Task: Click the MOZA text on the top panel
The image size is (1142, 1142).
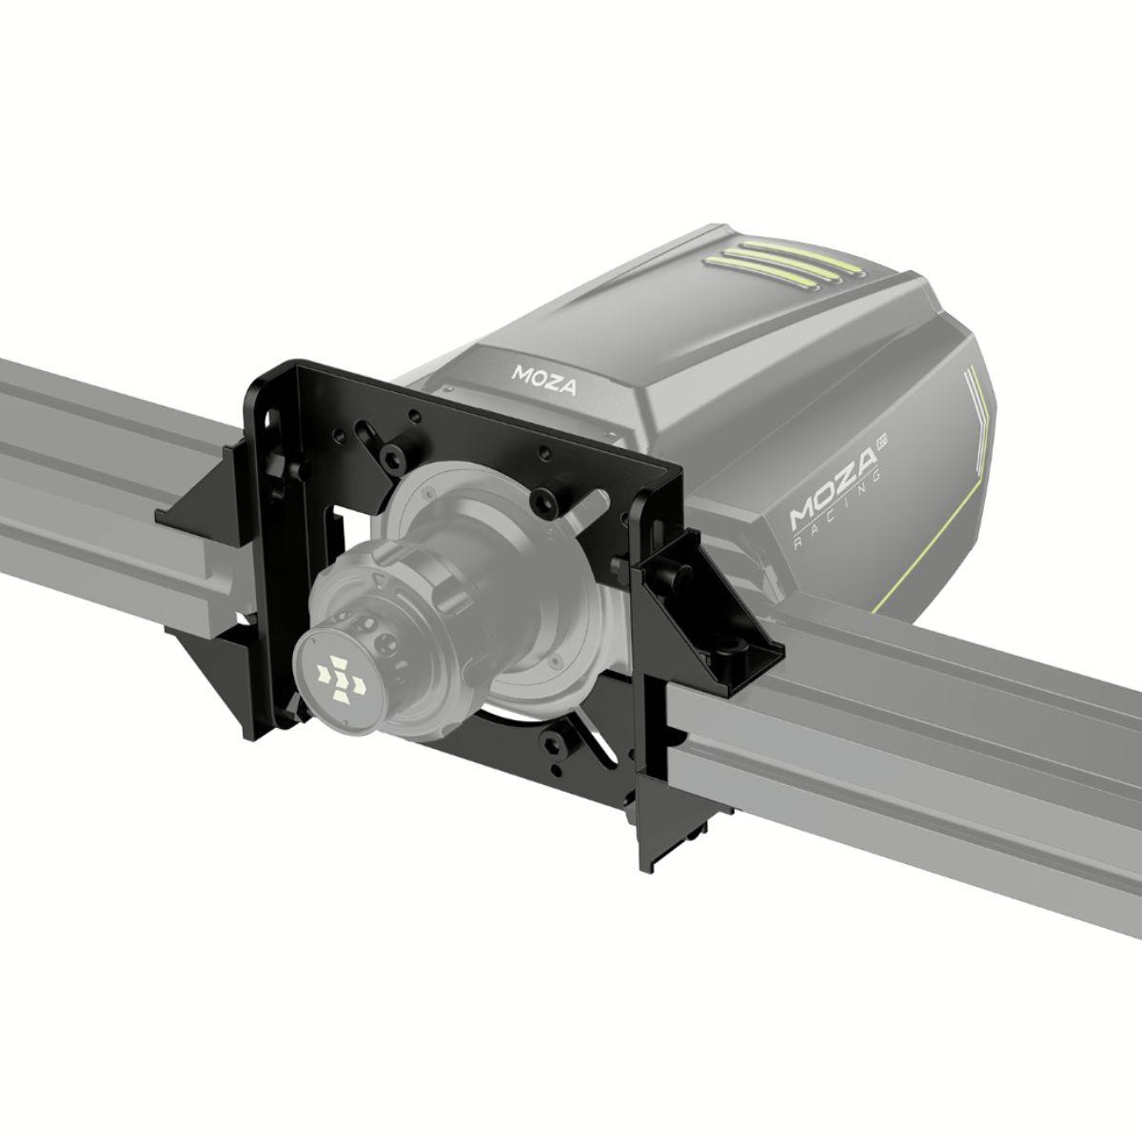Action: click(544, 380)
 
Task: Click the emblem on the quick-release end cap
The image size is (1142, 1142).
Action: click(341, 677)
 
